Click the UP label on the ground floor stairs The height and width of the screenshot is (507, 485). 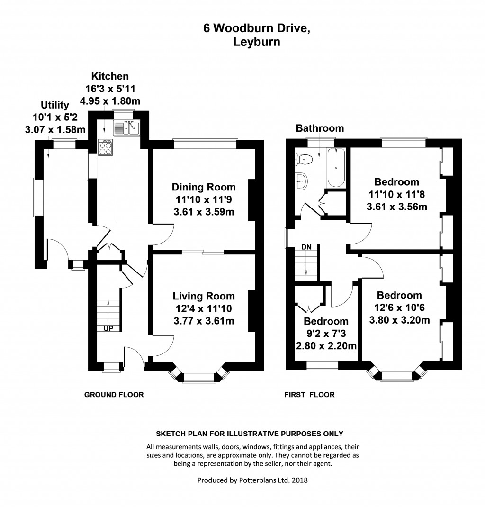click(108, 328)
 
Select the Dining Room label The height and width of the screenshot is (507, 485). click(203, 187)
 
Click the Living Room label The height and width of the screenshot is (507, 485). click(203, 296)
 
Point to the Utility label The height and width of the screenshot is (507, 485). click(55, 105)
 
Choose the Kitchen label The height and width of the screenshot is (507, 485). click(110, 76)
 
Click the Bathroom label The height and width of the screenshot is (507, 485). click(320, 128)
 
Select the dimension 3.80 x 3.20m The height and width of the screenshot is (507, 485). click(399, 320)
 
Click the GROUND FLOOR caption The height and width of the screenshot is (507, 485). click(114, 395)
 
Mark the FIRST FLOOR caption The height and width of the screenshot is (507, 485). click(309, 395)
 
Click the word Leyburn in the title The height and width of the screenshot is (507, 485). click(256, 42)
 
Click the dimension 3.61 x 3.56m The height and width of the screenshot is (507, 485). click(397, 207)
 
